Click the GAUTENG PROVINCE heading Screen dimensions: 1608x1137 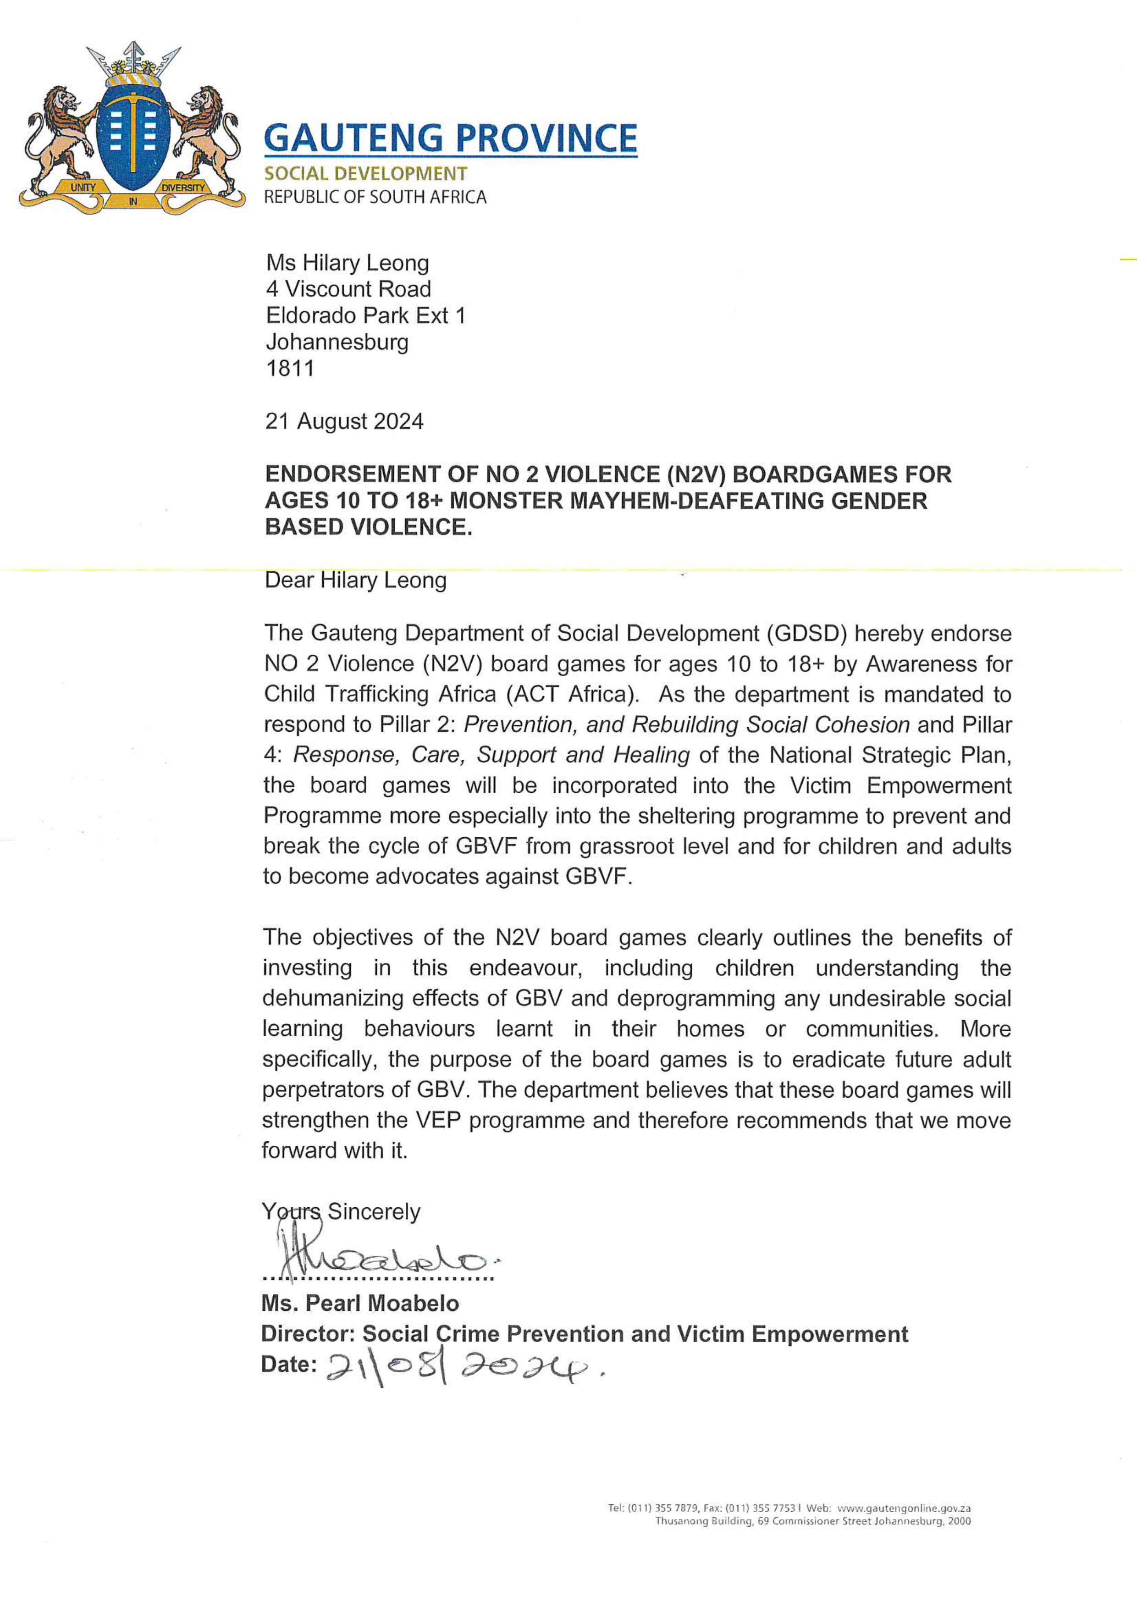(450, 138)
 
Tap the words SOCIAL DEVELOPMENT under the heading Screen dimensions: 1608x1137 (365, 174)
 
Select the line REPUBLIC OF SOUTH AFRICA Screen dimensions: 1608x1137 (375, 197)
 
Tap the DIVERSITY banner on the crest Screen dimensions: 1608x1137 (183, 188)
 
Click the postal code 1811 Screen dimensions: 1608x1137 (290, 368)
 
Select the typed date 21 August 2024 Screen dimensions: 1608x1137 (344, 422)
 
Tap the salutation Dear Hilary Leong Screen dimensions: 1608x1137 (355, 580)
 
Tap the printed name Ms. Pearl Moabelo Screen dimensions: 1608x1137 (360, 1304)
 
